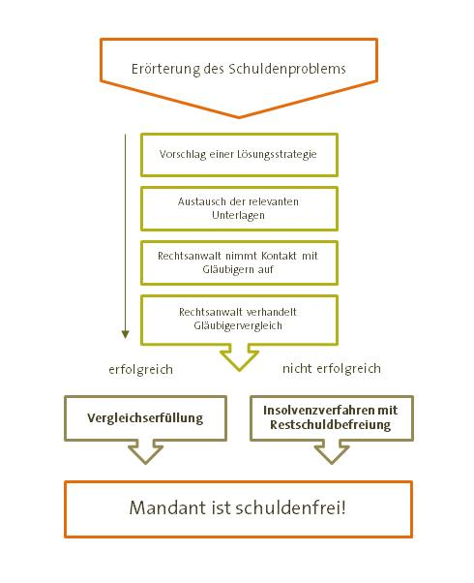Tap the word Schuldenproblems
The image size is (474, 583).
pos(287,69)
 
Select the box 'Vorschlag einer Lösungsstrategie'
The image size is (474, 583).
pos(239,155)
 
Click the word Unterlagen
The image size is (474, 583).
pos(238,215)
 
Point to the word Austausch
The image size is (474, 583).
pos(202,201)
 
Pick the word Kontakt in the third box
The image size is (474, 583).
pos(279,256)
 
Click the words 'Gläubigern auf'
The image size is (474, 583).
pos(238,269)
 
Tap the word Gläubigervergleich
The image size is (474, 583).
pos(238,325)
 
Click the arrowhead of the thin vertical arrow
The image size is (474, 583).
pos(126,334)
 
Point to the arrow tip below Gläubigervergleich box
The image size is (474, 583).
pos(239,370)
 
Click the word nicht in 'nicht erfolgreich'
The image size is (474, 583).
pos(297,368)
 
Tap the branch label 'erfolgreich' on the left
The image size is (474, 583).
pos(141,370)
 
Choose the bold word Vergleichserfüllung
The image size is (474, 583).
pos(145,418)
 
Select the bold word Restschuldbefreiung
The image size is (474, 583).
pos(330,425)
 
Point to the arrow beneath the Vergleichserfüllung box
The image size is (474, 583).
pos(146,453)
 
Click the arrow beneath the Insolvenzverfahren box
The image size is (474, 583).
pos(332,453)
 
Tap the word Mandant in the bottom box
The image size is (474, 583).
pos(168,507)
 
